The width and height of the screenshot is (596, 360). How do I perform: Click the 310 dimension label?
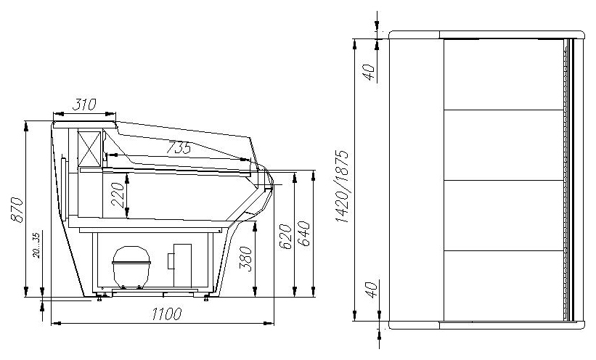(84, 105)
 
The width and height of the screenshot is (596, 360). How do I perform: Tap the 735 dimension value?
(179, 147)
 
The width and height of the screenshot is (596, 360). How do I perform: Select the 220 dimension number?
(118, 195)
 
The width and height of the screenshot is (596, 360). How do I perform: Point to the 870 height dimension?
(17, 210)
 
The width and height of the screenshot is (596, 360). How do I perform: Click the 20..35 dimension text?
(36, 245)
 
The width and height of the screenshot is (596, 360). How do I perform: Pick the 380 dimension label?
(246, 259)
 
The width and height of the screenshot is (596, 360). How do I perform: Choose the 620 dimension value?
(285, 237)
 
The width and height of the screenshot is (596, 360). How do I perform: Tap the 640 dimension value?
(304, 234)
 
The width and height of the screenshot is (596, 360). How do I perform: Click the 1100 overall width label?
(167, 314)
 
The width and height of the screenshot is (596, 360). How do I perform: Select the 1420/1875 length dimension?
(342, 187)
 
